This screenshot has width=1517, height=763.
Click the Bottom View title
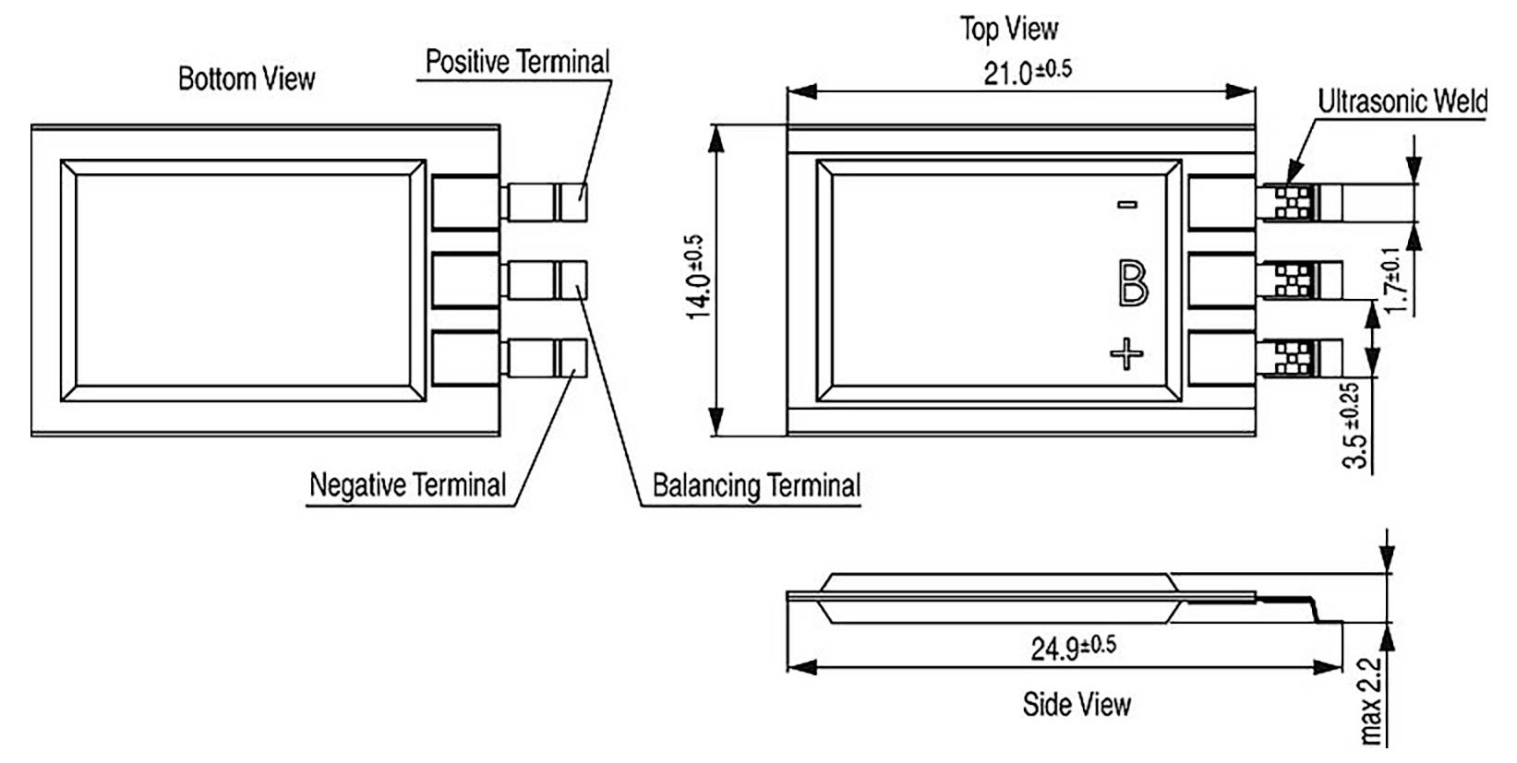pyautogui.click(x=246, y=79)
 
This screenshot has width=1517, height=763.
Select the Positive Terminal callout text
pyautogui.click(x=517, y=63)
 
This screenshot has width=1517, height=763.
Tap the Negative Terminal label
pyautogui.click(x=407, y=485)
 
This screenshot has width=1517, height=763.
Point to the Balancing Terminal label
pyautogui.click(x=755, y=486)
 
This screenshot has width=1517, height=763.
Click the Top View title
pyautogui.click(x=1008, y=29)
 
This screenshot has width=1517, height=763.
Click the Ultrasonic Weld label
pyautogui.click(x=1402, y=101)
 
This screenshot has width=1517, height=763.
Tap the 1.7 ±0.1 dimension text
pyautogui.click(x=1399, y=280)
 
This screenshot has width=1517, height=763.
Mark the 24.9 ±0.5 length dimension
pyautogui.click(x=1072, y=647)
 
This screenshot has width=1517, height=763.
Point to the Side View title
pyautogui.click(x=1076, y=705)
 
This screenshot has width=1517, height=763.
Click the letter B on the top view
pyautogui.click(x=1132, y=283)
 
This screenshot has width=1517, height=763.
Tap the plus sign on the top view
pyautogui.click(x=1126, y=353)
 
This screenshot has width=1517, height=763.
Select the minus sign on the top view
pyautogui.click(x=1127, y=205)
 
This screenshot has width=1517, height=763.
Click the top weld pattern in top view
pyautogui.click(x=1293, y=203)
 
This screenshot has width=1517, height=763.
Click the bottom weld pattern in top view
pyautogui.click(x=1293, y=358)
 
